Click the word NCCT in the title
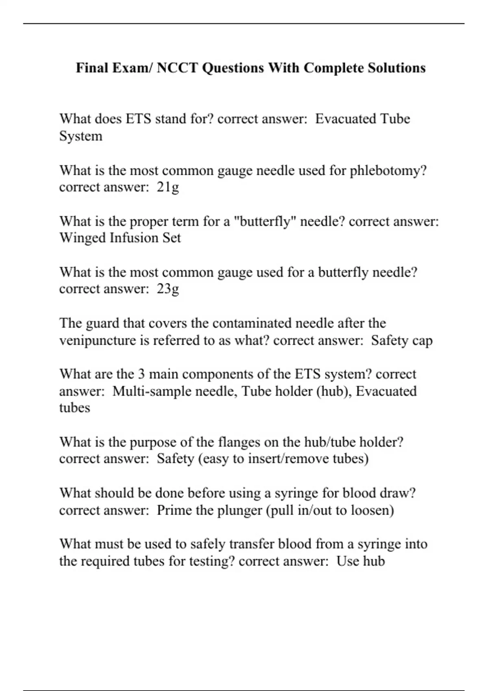pyautogui.click(x=177, y=67)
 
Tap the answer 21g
pyautogui.click(x=168, y=187)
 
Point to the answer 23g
pyautogui.click(x=168, y=289)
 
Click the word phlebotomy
pyautogui.click(x=388, y=171)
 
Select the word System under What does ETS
pyautogui.click(x=81, y=136)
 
